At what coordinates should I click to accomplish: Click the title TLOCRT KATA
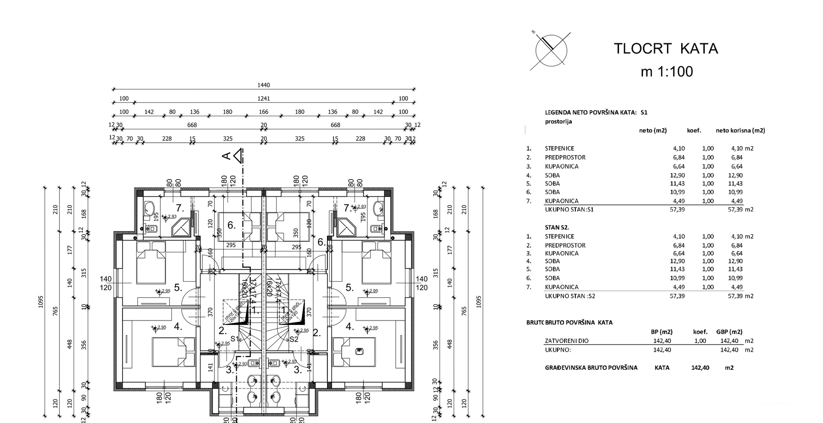[x=666, y=49]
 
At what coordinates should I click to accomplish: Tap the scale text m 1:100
[x=667, y=72]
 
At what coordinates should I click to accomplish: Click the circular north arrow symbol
[x=551, y=51]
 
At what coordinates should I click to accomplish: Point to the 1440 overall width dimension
[x=264, y=85]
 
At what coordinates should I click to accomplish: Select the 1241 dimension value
[x=264, y=99]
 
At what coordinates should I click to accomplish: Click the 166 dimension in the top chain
[x=264, y=112]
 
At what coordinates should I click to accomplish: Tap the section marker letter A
[x=226, y=156]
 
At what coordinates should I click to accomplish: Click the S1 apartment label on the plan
[x=234, y=339]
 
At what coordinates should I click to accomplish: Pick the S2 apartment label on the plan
[x=293, y=339]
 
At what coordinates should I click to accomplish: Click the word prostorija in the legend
[x=558, y=121]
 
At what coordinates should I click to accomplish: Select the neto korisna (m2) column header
[x=740, y=130]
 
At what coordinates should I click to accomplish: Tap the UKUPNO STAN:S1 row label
[x=569, y=210]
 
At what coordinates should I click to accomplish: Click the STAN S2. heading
[x=557, y=228]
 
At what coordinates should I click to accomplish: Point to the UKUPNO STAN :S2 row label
[x=570, y=296]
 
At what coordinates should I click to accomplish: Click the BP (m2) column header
[x=661, y=332]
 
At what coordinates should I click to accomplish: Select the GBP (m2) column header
[x=729, y=332]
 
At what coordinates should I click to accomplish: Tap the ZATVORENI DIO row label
[x=567, y=341]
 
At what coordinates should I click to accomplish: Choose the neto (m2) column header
[x=653, y=130]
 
